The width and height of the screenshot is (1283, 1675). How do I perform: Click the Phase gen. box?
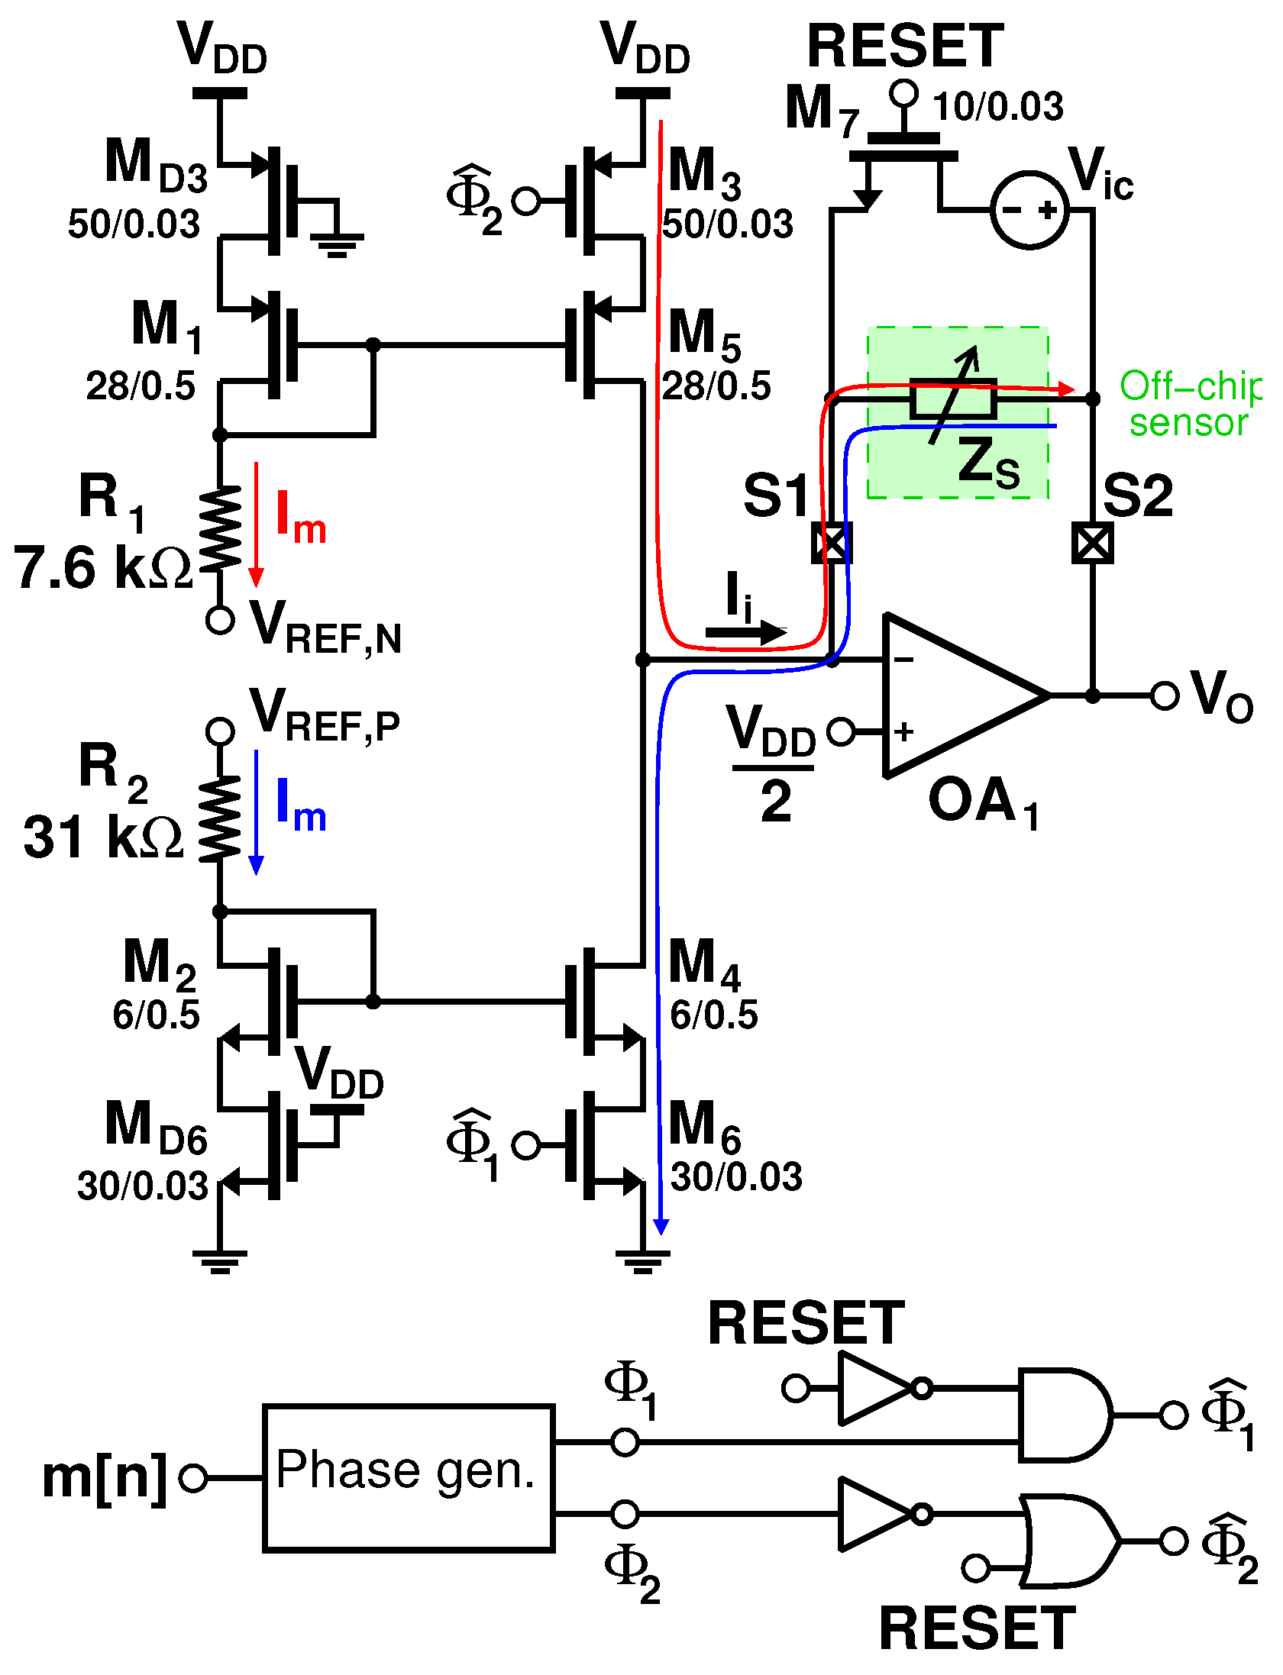coord(408,1477)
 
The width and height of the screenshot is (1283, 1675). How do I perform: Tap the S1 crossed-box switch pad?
coord(831,543)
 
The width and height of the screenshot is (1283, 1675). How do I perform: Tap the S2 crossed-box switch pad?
coord(1093,543)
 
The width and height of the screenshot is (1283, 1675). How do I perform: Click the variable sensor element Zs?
coord(954,399)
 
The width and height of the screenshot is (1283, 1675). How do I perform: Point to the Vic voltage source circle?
coord(1029,210)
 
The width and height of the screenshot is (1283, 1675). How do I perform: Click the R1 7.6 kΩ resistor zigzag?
coord(220,529)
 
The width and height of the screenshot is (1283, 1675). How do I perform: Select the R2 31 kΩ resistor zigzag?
coord(220,820)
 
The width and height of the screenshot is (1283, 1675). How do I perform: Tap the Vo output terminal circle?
coord(1164,695)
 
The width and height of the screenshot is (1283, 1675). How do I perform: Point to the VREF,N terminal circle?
coord(220,620)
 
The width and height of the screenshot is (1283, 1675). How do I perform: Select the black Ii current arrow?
coord(745,631)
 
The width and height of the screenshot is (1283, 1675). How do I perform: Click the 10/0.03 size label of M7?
coord(997,107)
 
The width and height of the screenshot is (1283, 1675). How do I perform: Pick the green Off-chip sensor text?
coord(1189,404)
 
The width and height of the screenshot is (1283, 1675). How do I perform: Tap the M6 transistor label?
coord(703,1126)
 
